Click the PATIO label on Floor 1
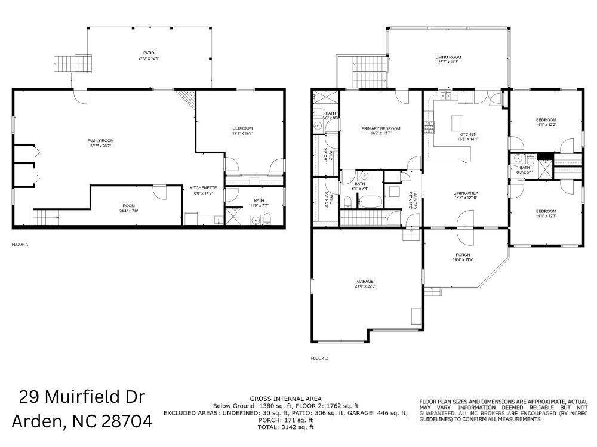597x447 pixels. point(141,53)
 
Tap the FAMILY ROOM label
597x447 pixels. point(100,140)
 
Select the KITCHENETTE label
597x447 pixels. point(203,188)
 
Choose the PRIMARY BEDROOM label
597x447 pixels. point(380,128)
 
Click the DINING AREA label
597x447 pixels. point(466,193)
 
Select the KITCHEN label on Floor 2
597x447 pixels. point(467,135)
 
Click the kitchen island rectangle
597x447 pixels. point(458,123)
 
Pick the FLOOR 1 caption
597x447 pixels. point(20,245)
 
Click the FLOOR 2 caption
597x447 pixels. point(319,358)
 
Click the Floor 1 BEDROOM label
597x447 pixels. point(242,128)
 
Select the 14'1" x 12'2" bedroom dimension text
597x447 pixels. point(546,125)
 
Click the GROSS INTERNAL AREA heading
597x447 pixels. point(285,398)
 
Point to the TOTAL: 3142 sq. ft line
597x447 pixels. point(285,427)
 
